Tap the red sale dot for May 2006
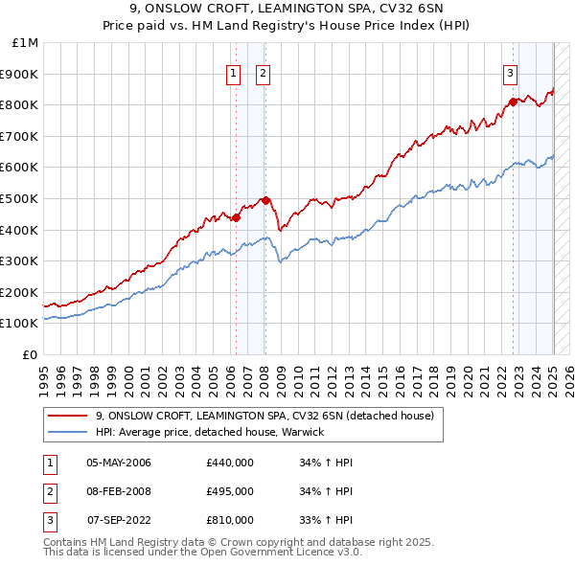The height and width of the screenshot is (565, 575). (x=236, y=217)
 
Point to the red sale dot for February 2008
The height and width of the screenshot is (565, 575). (x=265, y=200)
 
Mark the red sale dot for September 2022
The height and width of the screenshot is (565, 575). (x=513, y=102)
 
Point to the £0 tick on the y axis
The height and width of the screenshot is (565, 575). (x=30, y=354)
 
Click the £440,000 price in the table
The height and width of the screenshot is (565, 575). (x=229, y=463)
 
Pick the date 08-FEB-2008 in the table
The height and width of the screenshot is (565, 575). (x=119, y=491)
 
